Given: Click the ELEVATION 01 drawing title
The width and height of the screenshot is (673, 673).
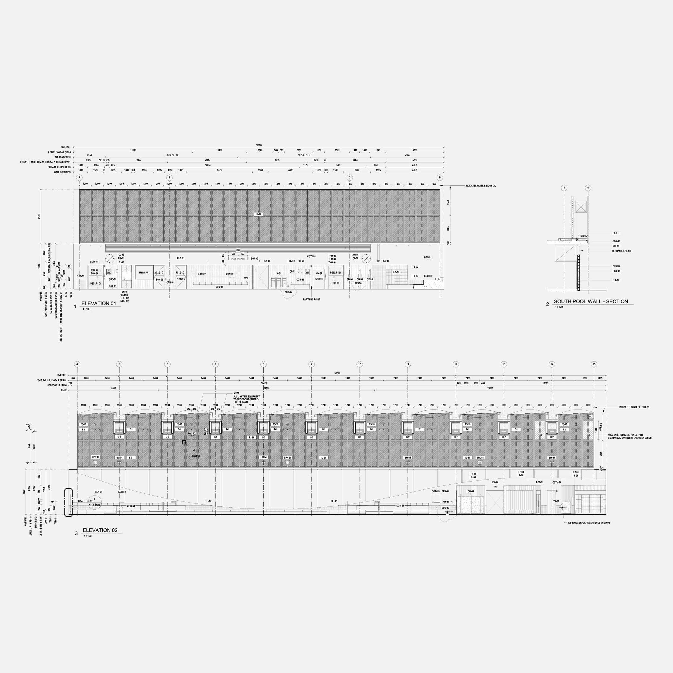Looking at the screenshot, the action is (x=98, y=303).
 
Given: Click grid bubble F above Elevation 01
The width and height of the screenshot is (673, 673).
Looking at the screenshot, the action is (x=79, y=178).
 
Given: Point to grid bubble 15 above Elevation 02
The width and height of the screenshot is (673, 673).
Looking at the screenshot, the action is (x=594, y=364).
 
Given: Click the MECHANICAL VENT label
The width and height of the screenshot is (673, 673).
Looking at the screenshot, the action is (x=621, y=251).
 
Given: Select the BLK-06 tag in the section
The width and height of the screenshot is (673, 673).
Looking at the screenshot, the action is (x=616, y=266).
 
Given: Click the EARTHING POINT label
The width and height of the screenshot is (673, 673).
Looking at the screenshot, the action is (x=311, y=300).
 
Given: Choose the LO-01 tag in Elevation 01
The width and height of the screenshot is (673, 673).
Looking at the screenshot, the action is (x=396, y=272).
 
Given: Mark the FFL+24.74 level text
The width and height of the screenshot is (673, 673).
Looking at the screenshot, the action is (x=583, y=236).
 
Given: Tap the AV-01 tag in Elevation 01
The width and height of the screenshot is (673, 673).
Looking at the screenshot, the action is (x=247, y=278).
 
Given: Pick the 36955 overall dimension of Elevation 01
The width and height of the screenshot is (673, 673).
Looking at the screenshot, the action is (x=259, y=145).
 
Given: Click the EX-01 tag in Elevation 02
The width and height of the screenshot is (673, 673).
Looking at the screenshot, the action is (x=495, y=482).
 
